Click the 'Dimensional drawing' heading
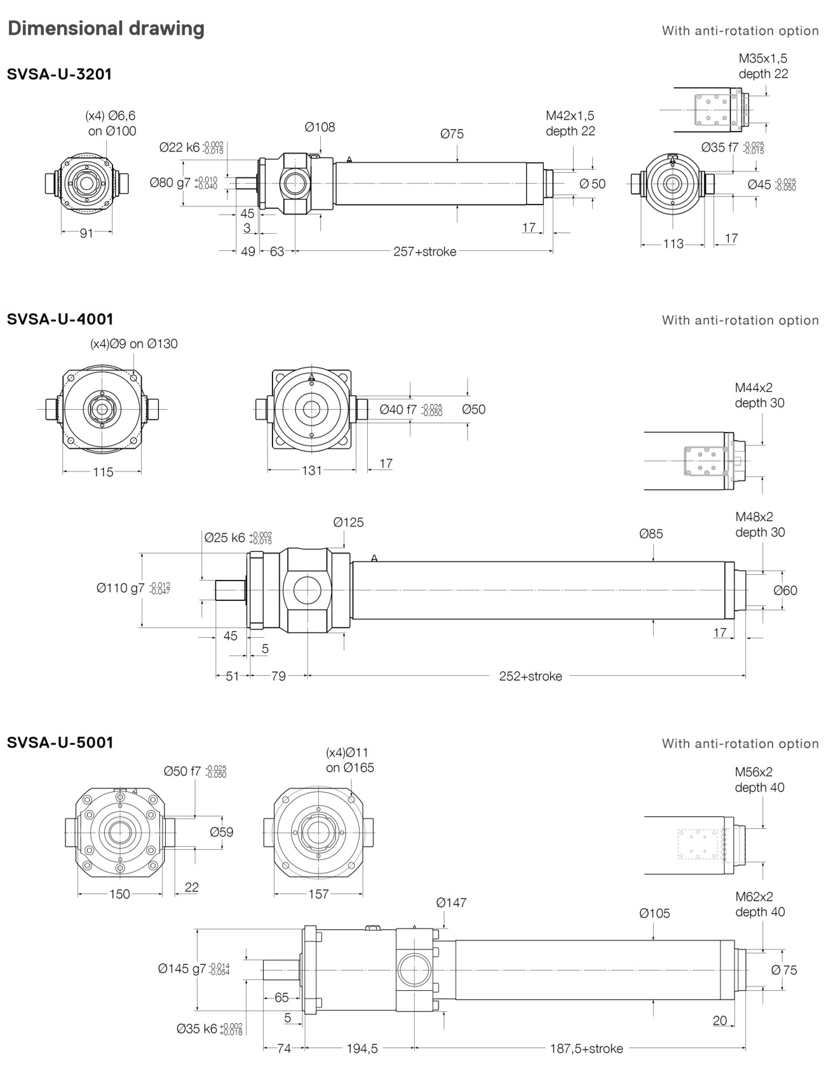tap(106, 29)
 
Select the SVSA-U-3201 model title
tap(59, 74)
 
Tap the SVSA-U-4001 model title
tap(60, 319)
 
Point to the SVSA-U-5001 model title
tap(60, 742)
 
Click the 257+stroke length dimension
tap(424, 252)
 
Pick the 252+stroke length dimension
tap(530, 676)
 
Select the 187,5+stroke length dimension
tap(586, 1048)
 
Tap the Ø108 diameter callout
tap(320, 127)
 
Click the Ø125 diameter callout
tap(348, 522)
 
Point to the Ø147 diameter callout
tap(451, 903)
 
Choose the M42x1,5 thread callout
tap(570, 116)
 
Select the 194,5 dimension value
tap(361, 1048)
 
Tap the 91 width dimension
tap(86, 233)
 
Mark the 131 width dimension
tap(311, 471)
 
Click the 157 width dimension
tap(318, 894)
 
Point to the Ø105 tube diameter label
tap(654, 913)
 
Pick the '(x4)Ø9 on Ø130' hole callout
tap(134, 344)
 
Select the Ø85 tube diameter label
tap(651, 534)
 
